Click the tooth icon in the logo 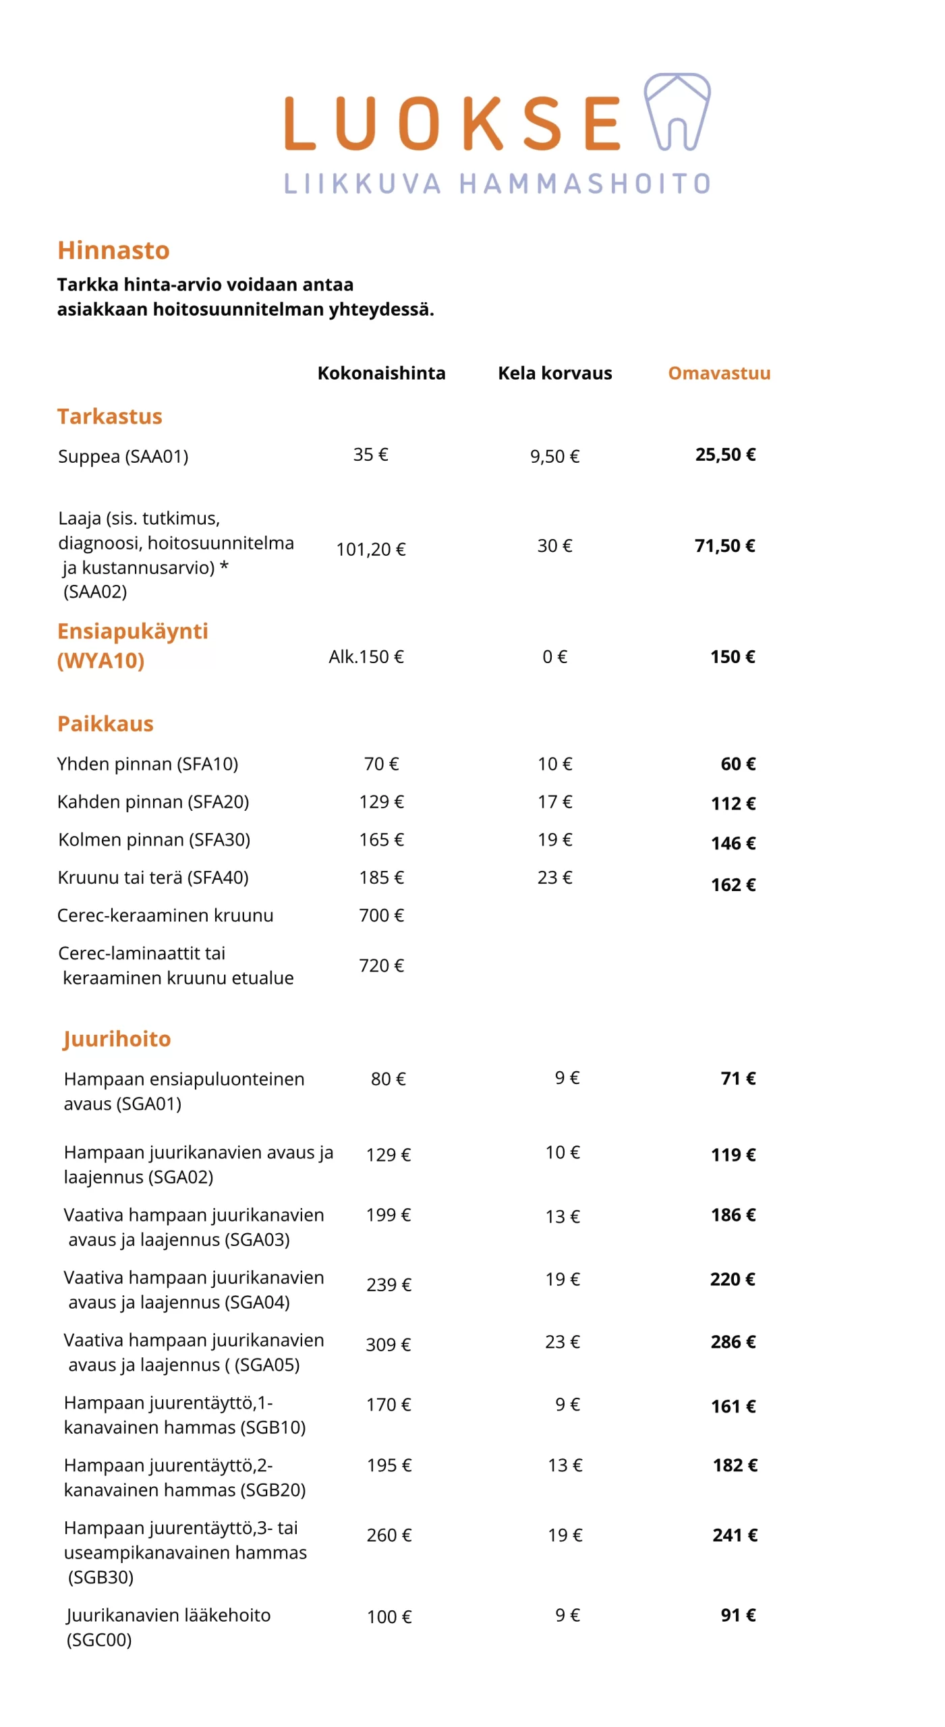(x=676, y=111)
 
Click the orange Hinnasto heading (x=113, y=250)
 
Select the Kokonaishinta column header (x=381, y=373)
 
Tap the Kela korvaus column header (x=554, y=373)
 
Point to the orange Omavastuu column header (x=718, y=373)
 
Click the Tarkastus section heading (x=109, y=416)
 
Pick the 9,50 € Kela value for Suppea (x=554, y=457)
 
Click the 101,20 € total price (x=371, y=549)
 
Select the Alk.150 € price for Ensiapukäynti (x=366, y=656)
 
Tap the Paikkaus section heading (x=105, y=723)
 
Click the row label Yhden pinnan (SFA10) (x=147, y=764)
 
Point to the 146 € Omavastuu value (x=733, y=843)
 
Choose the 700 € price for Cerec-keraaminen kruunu (x=381, y=915)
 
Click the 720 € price (x=381, y=965)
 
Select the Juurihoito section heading (x=117, y=1039)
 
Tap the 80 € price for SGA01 (x=388, y=1079)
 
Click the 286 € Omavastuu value (x=733, y=1342)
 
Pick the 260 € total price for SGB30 (x=389, y=1535)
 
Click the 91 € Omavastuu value (x=738, y=1615)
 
